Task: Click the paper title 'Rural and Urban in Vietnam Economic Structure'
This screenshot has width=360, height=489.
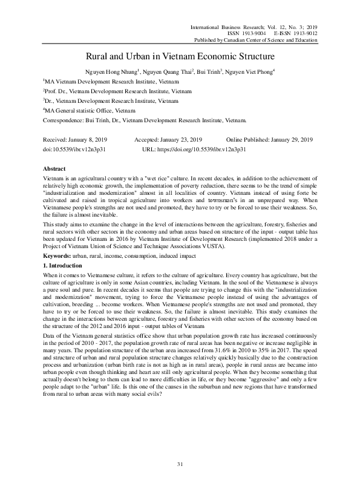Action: pos(180,56)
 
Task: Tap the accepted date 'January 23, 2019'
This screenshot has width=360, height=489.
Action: pos(185,139)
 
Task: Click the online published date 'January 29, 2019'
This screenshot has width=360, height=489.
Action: pos(292,139)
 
